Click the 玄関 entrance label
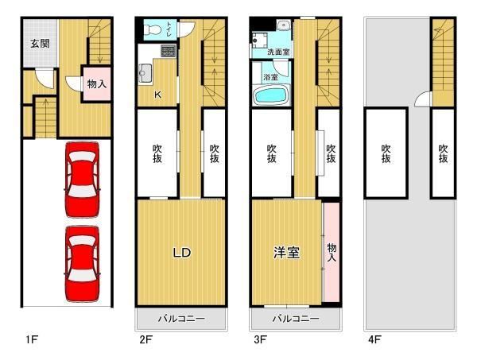(x=40, y=44)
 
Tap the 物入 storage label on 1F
(x=97, y=83)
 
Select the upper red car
(x=83, y=180)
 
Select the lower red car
(x=83, y=264)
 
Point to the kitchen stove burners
(x=169, y=51)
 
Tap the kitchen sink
(x=145, y=73)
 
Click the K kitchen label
(x=157, y=95)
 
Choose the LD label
(x=181, y=253)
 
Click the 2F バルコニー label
(x=181, y=319)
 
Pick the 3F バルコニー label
(x=296, y=319)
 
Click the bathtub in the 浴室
(x=271, y=95)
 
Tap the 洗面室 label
(x=278, y=52)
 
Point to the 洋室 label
(x=286, y=253)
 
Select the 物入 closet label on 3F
(x=332, y=253)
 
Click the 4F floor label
(x=374, y=339)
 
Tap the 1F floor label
(x=32, y=339)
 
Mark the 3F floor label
(x=260, y=339)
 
